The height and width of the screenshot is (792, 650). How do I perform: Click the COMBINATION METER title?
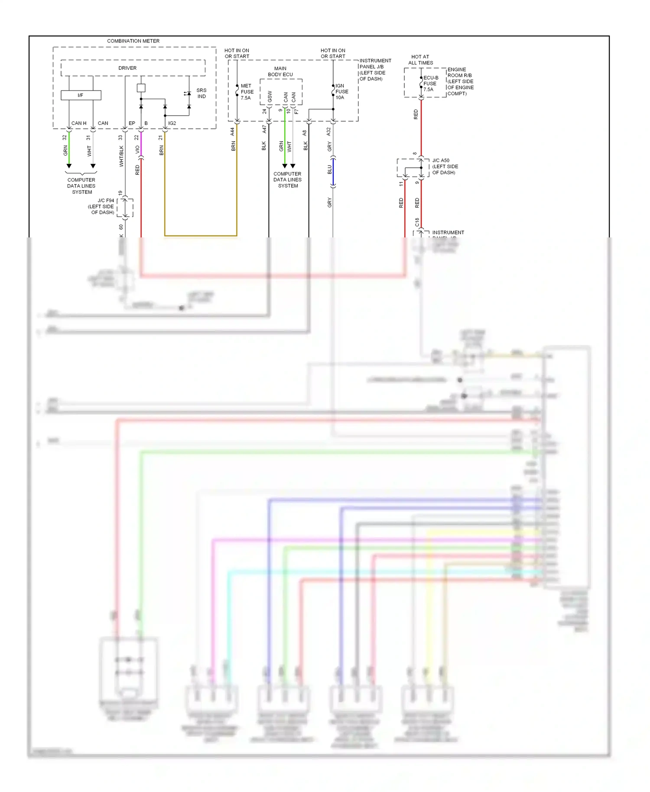click(133, 41)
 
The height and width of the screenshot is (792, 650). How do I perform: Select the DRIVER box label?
click(127, 68)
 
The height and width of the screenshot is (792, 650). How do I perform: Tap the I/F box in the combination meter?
click(81, 95)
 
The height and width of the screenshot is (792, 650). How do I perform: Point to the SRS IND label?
click(201, 94)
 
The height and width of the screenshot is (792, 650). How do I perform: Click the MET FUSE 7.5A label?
click(247, 92)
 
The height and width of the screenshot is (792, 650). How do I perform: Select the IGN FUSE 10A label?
click(341, 91)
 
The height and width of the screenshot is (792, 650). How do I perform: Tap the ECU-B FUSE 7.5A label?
click(430, 84)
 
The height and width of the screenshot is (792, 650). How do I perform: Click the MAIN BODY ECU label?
click(280, 71)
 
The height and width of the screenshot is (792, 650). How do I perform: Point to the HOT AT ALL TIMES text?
click(420, 60)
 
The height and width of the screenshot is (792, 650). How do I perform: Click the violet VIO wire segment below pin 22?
click(141, 143)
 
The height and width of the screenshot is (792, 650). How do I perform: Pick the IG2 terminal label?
click(172, 123)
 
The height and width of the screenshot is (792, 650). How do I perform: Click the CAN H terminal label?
click(79, 123)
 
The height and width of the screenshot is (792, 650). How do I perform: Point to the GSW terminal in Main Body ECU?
click(270, 97)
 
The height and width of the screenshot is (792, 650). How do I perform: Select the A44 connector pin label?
click(233, 130)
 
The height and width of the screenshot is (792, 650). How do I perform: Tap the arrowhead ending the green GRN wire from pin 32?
click(69, 166)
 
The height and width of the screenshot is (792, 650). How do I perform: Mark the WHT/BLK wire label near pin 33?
click(121, 156)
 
